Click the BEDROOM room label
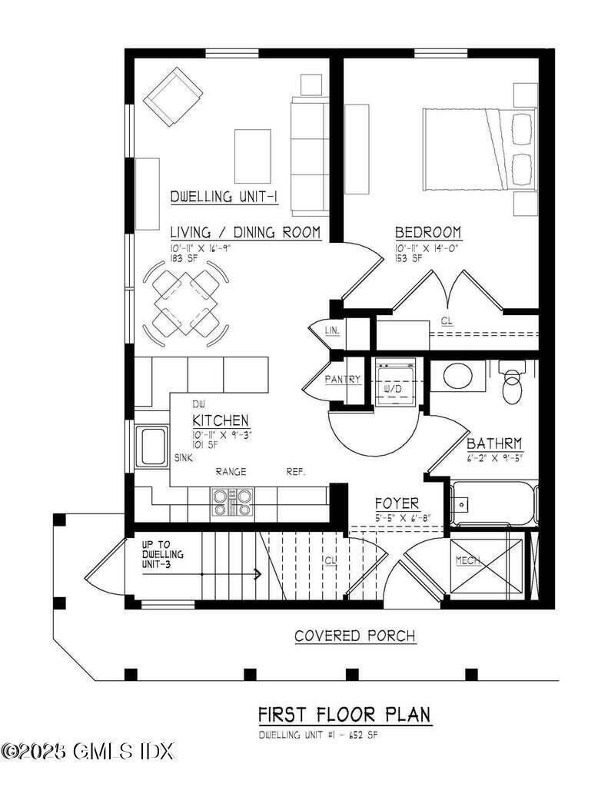coord(427,232)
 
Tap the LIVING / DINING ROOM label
coord(244,232)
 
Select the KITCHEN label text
coord(220,420)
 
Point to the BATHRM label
coord(494,443)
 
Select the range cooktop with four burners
coord(231,502)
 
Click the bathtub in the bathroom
coord(493,502)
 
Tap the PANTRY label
coord(343,380)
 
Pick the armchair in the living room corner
coord(174,98)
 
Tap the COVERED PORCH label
coord(355,636)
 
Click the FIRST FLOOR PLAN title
coord(344,715)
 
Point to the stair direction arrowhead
coord(257,574)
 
